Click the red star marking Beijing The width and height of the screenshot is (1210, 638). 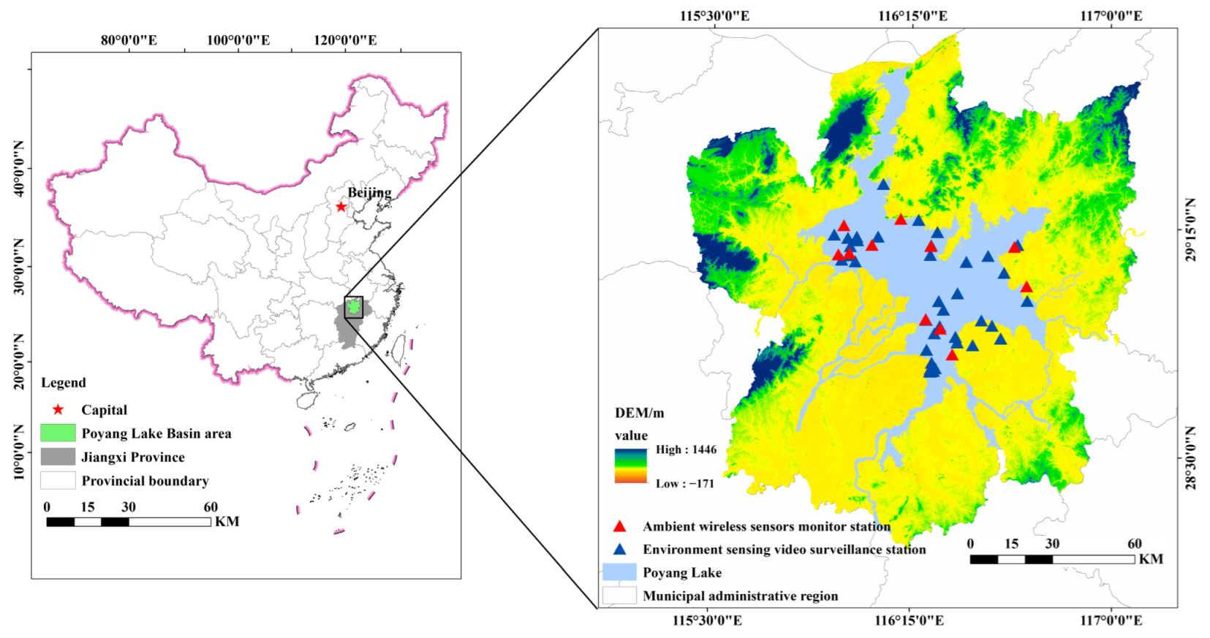pos(341,207)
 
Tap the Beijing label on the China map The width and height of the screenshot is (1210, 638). pos(369,192)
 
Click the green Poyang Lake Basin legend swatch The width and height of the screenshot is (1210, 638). pos(58,433)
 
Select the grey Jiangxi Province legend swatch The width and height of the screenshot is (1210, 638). pos(58,457)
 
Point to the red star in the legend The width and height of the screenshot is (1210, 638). pos(58,410)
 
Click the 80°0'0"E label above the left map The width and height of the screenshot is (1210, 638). pos(129,40)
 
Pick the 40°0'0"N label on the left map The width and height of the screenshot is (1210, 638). pos(18,170)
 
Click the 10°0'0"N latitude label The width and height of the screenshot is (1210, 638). pos(18,452)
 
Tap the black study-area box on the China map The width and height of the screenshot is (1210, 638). pos(354,307)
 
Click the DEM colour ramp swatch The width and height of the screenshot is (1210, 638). pos(631,466)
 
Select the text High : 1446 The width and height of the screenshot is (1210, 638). pos(686,449)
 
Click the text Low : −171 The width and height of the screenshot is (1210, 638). pos(684,483)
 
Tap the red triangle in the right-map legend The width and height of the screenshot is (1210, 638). pos(619,526)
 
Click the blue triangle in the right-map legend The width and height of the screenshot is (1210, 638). pos(619,549)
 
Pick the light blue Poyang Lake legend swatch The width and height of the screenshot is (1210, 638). pos(619,572)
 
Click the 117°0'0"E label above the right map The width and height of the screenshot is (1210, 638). pos(1111,15)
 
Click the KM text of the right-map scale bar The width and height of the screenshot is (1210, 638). pos(1151,559)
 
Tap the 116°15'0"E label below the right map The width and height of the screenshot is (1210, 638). pos(909,620)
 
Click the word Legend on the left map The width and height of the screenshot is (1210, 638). pos(64,383)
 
